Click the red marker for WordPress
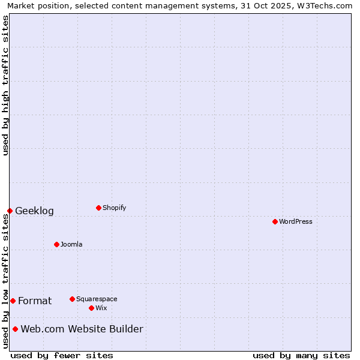[x=275, y=221]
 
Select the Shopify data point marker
[x=98, y=208]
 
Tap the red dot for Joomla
[x=56, y=244]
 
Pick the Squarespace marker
[x=72, y=299]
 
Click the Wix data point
[x=91, y=308]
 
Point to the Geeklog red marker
[x=10, y=211]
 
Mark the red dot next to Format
[x=13, y=301]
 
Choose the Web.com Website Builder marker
[x=15, y=329]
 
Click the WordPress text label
[x=296, y=221]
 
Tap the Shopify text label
[x=114, y=208]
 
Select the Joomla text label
[x=71, y=244]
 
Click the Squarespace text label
[x=97, y=299]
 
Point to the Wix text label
[x=101, y=308]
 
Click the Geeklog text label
[x=34, y=211]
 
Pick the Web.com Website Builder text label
[x=82, y=329]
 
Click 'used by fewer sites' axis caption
[x=62, y=355]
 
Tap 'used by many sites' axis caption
[x=301, y=355]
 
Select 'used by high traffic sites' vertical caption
[x=5, y=85]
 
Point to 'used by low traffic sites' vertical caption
[x=5, y=281]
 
